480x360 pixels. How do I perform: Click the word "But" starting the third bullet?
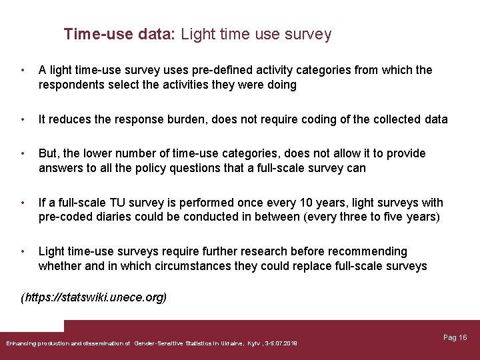point(49,153)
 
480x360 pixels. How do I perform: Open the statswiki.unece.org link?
point(95,297)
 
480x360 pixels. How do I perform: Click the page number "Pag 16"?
point(455,337)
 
